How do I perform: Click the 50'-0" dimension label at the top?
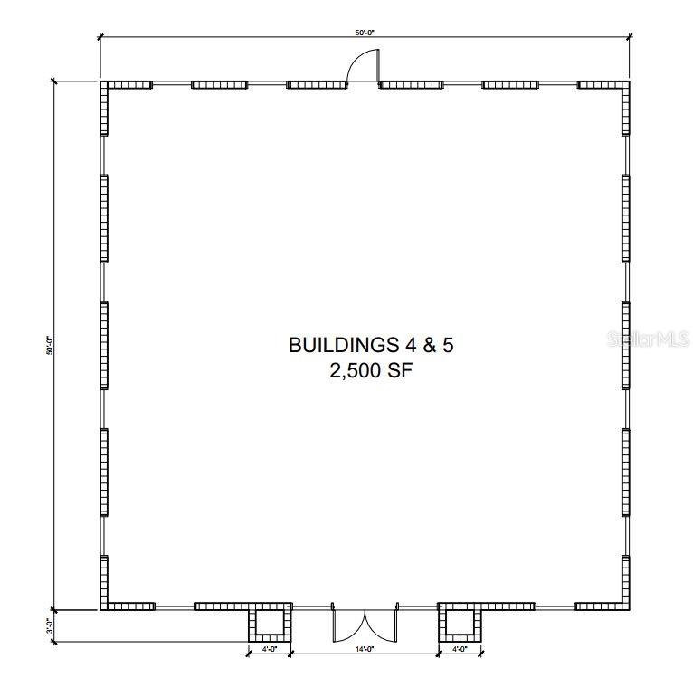365,33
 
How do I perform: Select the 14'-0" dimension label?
365,649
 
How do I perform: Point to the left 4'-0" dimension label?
270,649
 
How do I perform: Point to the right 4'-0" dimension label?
460,649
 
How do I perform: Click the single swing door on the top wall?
364,66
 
